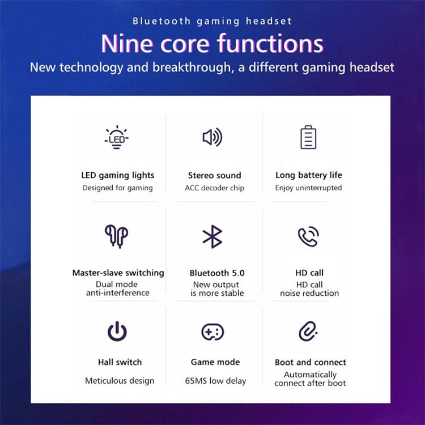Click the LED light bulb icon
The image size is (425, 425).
[117, 138]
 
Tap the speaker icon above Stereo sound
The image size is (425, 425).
[212, 137]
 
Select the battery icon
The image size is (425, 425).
[308, 137]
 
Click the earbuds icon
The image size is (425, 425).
[117, 236]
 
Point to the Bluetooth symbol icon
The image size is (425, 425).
[212, 237]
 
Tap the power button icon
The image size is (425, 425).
[117, 331]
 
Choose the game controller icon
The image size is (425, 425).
[212, 331]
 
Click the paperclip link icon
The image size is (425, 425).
[308, 331]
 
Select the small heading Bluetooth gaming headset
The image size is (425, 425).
[212, 21]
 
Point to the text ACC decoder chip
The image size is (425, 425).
[214, 188]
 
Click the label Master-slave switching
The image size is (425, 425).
[118, 273]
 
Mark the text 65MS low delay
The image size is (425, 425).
[215, 381]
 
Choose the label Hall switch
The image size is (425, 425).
[120, 362]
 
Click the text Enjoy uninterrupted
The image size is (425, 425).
[308, 188]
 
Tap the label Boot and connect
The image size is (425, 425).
[311, 363]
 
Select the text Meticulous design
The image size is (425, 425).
[120, 381]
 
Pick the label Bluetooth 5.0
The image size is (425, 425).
[217, 273]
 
